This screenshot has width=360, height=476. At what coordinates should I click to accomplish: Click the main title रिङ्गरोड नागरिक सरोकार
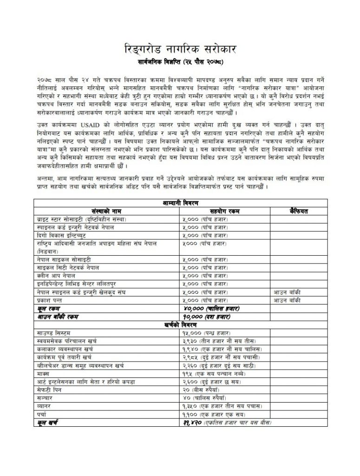coord(180,48)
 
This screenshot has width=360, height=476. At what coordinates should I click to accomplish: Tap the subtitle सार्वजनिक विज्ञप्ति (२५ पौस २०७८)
coord(180,61)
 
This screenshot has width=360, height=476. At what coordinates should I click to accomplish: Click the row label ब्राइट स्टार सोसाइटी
coord(81,219)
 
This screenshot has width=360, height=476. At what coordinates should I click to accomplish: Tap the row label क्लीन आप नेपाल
coord(55,276)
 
